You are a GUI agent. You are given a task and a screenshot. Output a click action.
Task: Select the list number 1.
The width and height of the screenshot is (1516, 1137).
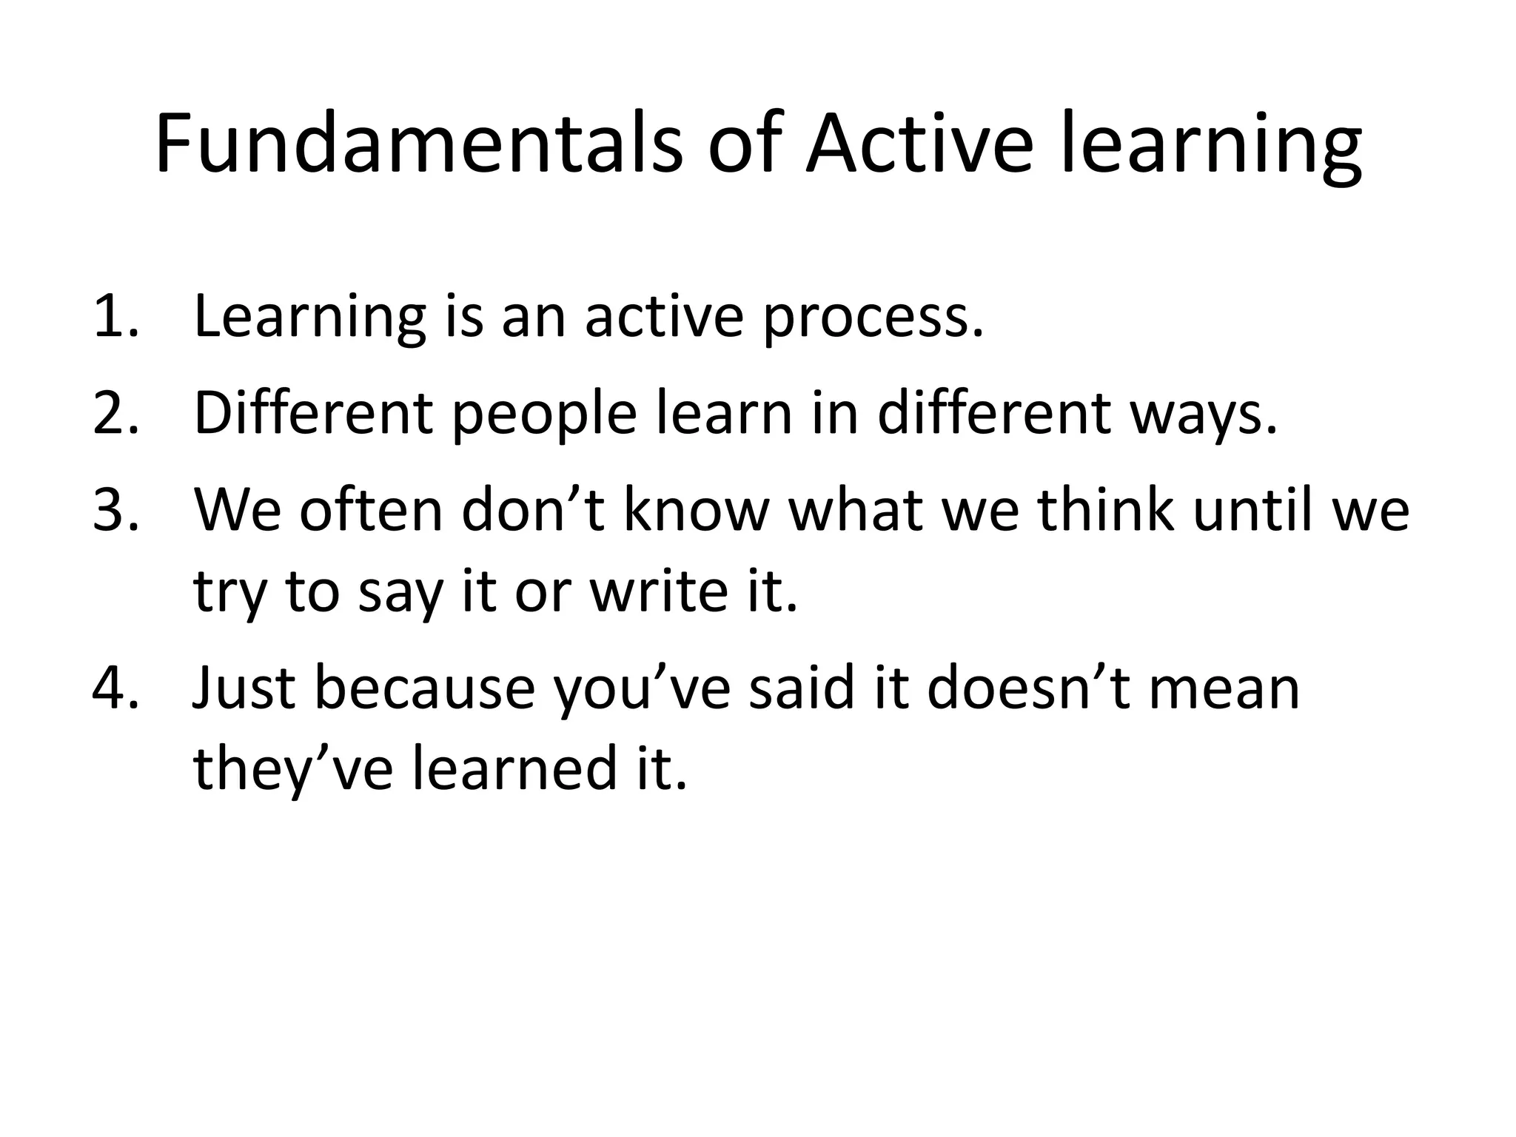tap(115, 317)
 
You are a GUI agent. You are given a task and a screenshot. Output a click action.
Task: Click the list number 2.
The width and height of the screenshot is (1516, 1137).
tap(115, 413)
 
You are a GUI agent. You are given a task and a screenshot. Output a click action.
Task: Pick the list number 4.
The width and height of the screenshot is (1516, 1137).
tap(115, 687)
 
